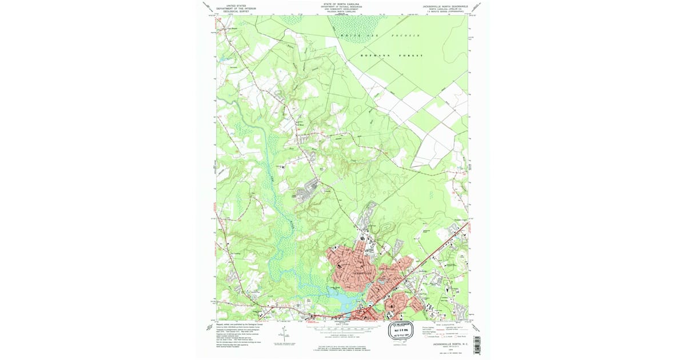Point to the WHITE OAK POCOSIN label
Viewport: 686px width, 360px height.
(x=380, y=35)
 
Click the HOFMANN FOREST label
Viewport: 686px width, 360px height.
(x=392, y=55)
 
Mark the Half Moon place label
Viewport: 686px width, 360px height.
(x=298, y=123)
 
